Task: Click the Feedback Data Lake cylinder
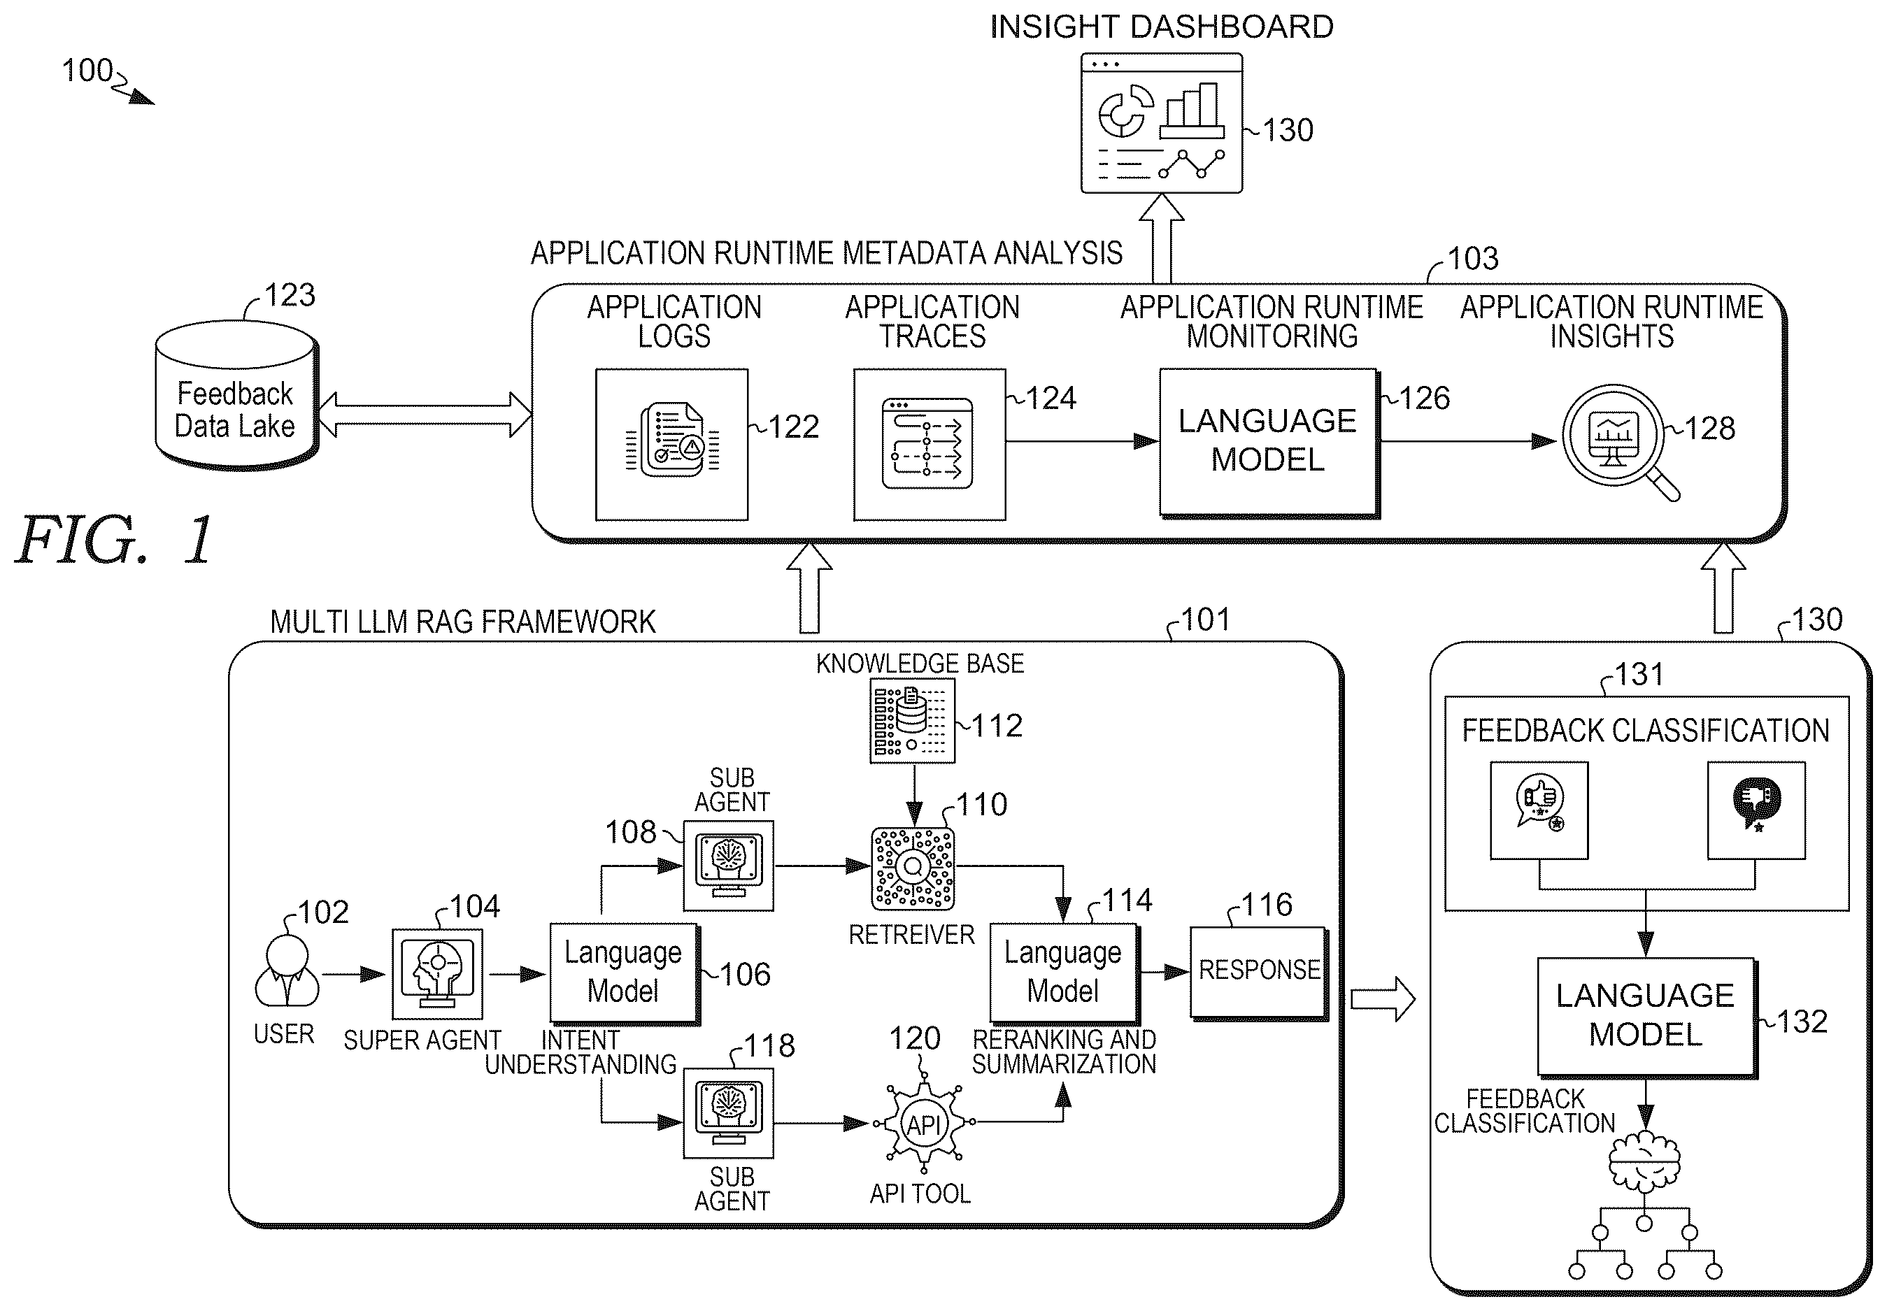(x=236, y=395)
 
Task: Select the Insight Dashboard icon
(x=1161, y=123)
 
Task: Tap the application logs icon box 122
(x=672, y=445)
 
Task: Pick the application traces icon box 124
(x=929, y=445)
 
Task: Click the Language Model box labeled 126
(x=1269, y=443)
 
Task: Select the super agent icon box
(x=437, y=973)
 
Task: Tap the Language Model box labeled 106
(x=625, y=973)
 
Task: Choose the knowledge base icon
(x=912, y=720)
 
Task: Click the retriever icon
(x=913, y=868)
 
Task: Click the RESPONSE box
(x=1260, y=973)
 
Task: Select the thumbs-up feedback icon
(x=1539, y=810)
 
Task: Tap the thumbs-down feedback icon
(x=1756, y=810)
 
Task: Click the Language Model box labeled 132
(x=1647, y=1017)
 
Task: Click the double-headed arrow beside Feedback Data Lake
(x=425, y=414)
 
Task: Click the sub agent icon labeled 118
(x=729, y=1112)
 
